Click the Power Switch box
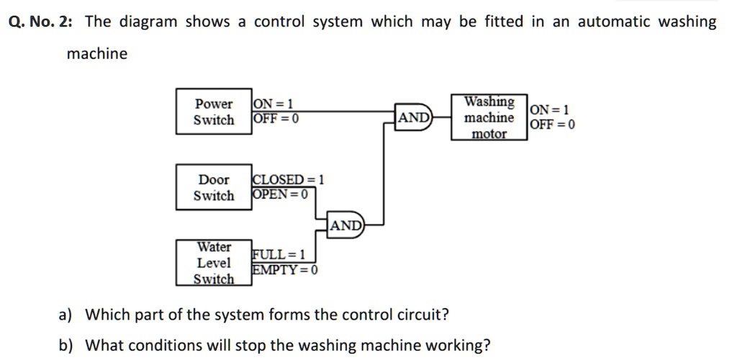coord(214,112)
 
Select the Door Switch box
coord(214,187)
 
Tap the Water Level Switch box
coord(214,263)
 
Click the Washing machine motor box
coord(489,117)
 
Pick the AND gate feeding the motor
coord(414,118)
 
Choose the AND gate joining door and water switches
coord(347,225)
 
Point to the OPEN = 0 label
coord(280,194)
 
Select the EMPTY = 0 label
coord(285,270)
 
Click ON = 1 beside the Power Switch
coord(272,104)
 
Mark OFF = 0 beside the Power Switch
coord(275,118)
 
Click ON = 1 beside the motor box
coord(549,110)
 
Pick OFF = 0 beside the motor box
coord(552,125)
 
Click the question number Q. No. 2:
coord(39,22)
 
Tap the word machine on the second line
coord(96,54)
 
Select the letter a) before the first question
coord(65,315)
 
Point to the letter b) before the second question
coord(65,345)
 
